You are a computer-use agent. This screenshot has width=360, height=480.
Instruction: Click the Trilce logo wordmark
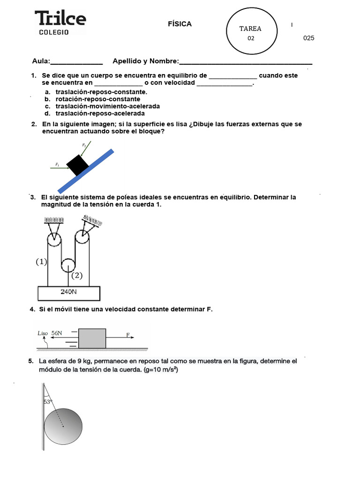click(60, 18)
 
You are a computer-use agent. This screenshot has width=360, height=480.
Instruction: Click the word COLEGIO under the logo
click(53, 32)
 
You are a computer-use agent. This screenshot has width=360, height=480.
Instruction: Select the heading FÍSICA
click(180, 24)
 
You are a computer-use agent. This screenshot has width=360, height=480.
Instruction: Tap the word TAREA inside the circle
click(250, 29)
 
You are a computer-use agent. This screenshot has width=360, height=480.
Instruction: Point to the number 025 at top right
click(308, 38)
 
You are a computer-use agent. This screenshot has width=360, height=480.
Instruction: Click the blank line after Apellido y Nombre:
click(246, 62)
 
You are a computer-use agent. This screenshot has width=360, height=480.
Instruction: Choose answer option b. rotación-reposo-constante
click(97, 99)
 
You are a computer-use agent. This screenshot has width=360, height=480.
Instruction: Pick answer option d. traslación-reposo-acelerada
click(100, 113)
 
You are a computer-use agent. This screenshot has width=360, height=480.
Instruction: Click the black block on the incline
click(77, 165)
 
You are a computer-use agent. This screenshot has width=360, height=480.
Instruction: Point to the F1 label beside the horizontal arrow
click(57, 165)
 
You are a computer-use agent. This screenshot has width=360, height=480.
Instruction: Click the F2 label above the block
click(84, 145)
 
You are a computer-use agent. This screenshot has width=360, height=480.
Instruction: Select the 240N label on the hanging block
click(68, 292)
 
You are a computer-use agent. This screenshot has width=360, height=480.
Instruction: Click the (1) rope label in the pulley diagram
click(41, 262)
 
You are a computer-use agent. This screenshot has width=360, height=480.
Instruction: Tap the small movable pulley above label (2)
click(68, 265)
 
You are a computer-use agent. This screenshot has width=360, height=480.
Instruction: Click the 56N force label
click(57, 333)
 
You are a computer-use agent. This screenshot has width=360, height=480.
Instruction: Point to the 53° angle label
click(47, 402)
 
